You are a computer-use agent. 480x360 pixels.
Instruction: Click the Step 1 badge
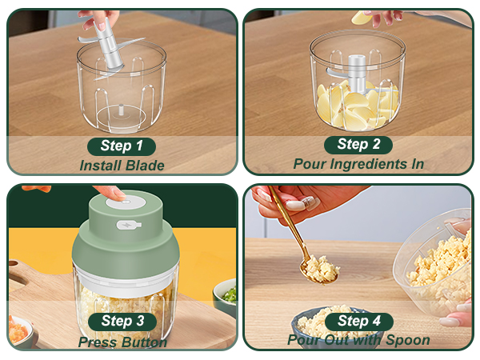point(122,146)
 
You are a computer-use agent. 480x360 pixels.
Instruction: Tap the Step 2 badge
point(358,145)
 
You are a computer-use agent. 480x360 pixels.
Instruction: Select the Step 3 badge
point(122,322)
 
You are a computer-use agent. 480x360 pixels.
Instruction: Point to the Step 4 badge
point(358,322)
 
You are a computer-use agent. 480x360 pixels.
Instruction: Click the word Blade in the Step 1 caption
point(145,166)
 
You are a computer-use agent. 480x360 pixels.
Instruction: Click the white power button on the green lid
point(126,202)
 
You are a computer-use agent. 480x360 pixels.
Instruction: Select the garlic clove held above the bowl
point(362,18)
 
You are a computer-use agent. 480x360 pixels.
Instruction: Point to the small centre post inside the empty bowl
point(121,110)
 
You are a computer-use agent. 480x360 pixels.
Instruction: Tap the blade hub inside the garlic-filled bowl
point(357,74)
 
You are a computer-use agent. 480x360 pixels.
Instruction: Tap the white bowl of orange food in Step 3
point(19,332)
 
